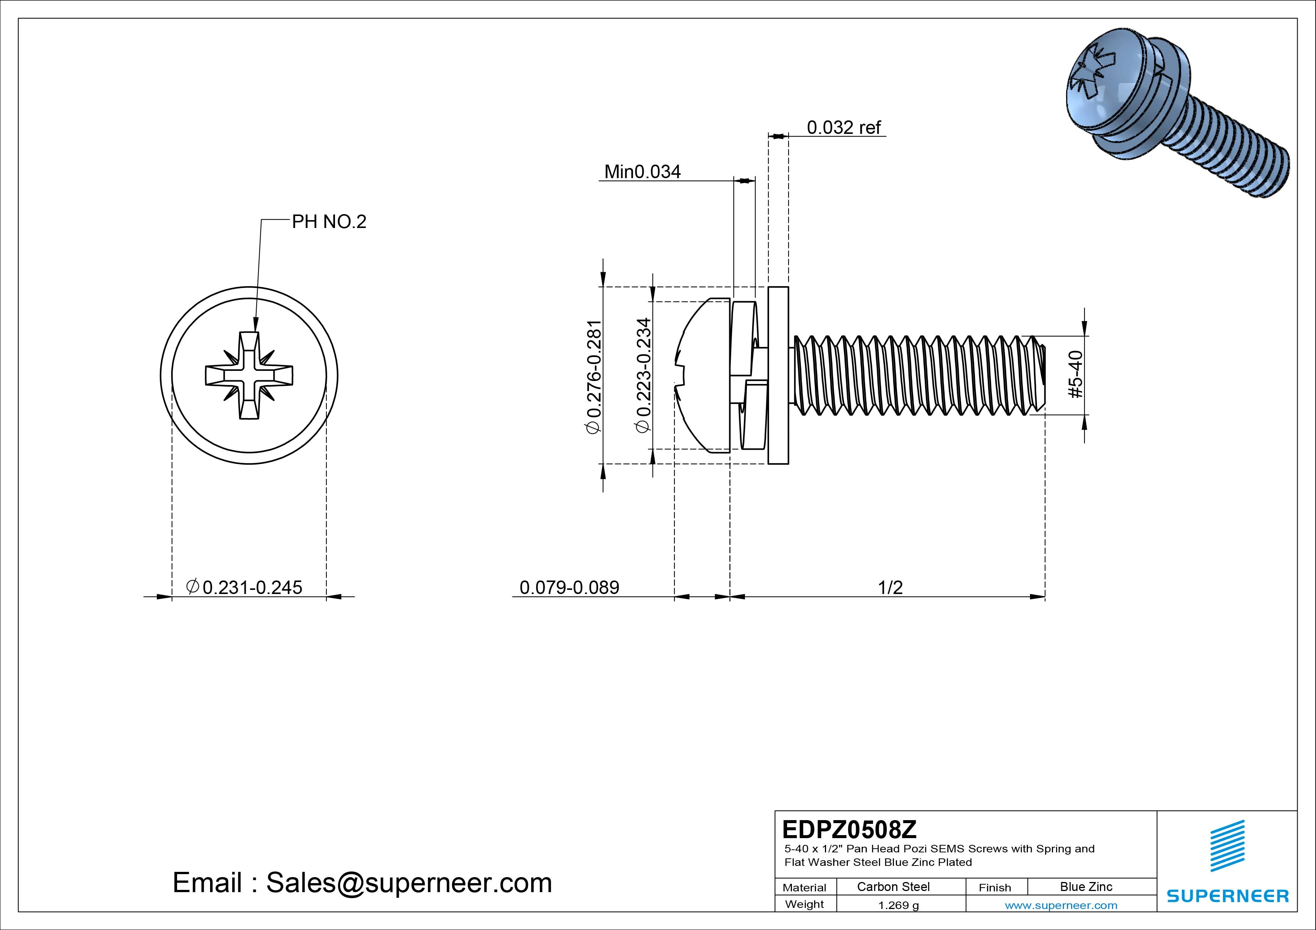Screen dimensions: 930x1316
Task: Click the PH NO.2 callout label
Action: pos(329,222)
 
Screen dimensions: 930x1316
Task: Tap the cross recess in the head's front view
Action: pos(249,375)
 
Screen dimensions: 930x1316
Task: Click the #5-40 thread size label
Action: pos(1076,374)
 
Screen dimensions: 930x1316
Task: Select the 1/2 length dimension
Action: pos(890,587)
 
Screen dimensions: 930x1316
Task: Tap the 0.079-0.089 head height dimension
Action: pos(569,587)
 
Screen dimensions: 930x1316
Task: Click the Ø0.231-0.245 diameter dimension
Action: pos(245,587)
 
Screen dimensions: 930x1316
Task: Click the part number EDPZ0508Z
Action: pos(849,829)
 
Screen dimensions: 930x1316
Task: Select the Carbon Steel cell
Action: pos(893,886)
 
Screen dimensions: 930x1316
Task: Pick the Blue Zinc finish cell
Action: pos(1086,886)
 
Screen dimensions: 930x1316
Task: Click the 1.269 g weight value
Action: pos(898,905)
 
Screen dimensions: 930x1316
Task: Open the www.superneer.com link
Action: pos(1061,905)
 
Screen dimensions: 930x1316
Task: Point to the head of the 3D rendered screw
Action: pos(1101,86)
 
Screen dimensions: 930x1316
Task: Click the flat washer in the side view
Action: pos(778,375)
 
